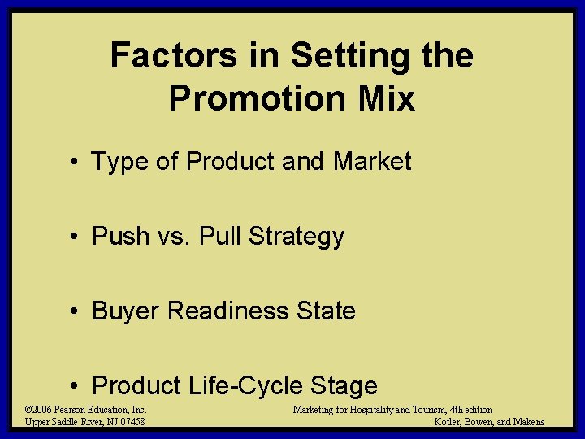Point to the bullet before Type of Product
pyautogui.click(x=74, y=163)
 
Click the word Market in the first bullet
pyautogui.click(x=372, y=162)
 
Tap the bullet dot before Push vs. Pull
pyautogui.click(x=74, y=237)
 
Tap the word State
pyautogui.click(x=327, y=311)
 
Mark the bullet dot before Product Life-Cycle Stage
pyautogui.click(x=74, y=386)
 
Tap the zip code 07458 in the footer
pyautogui.click(x=130, y=422)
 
